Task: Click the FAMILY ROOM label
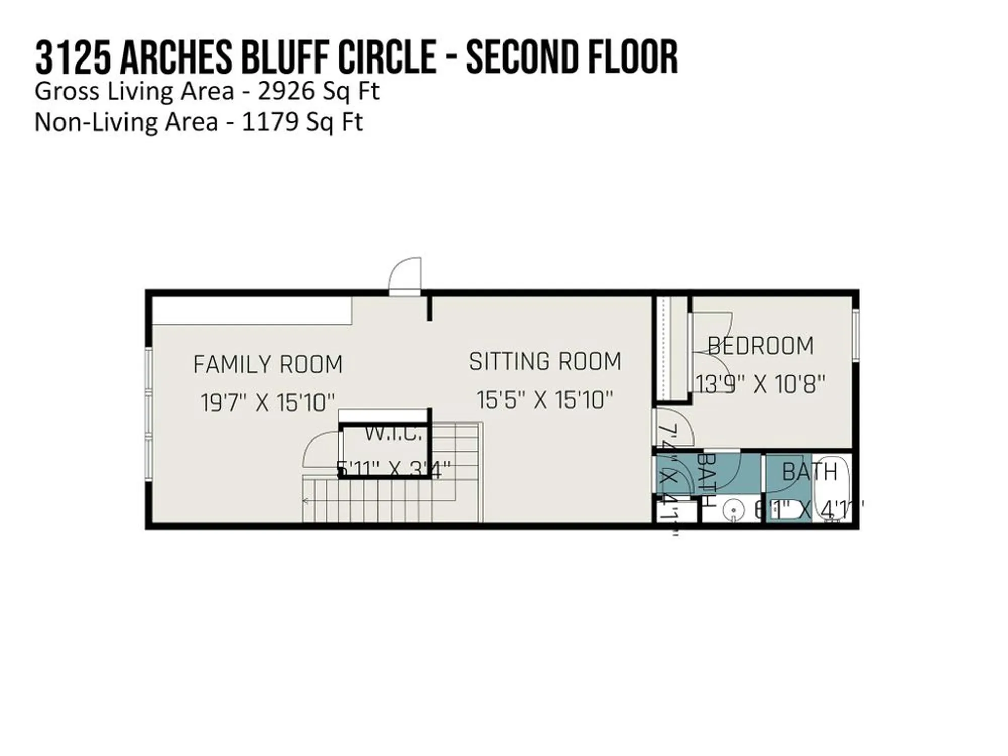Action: tap(268, 364)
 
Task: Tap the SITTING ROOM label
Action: tap(545, 361)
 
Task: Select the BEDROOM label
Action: tap(761, 346)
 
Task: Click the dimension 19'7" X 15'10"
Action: tap(268, 403)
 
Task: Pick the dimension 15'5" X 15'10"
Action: tap(545, 400)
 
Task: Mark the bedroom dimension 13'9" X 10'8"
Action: tap(760, 385)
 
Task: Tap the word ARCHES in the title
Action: tap(176, 58)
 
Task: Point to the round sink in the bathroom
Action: tap(732, 510)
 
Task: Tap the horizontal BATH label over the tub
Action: tap(809, 472)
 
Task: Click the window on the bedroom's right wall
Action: tap(855, 335)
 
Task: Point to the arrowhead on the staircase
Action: tap(305, 501)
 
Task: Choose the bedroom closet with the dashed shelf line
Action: tap(670, 348)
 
